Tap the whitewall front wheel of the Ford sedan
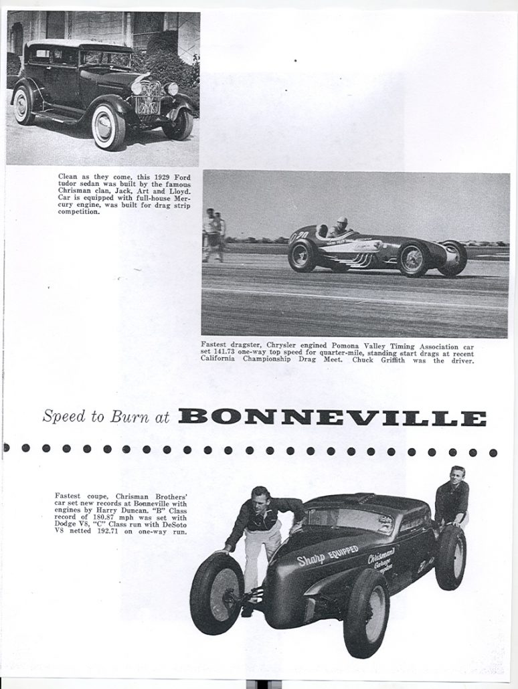click(108, 126)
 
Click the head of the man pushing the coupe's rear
click(458, 475)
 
